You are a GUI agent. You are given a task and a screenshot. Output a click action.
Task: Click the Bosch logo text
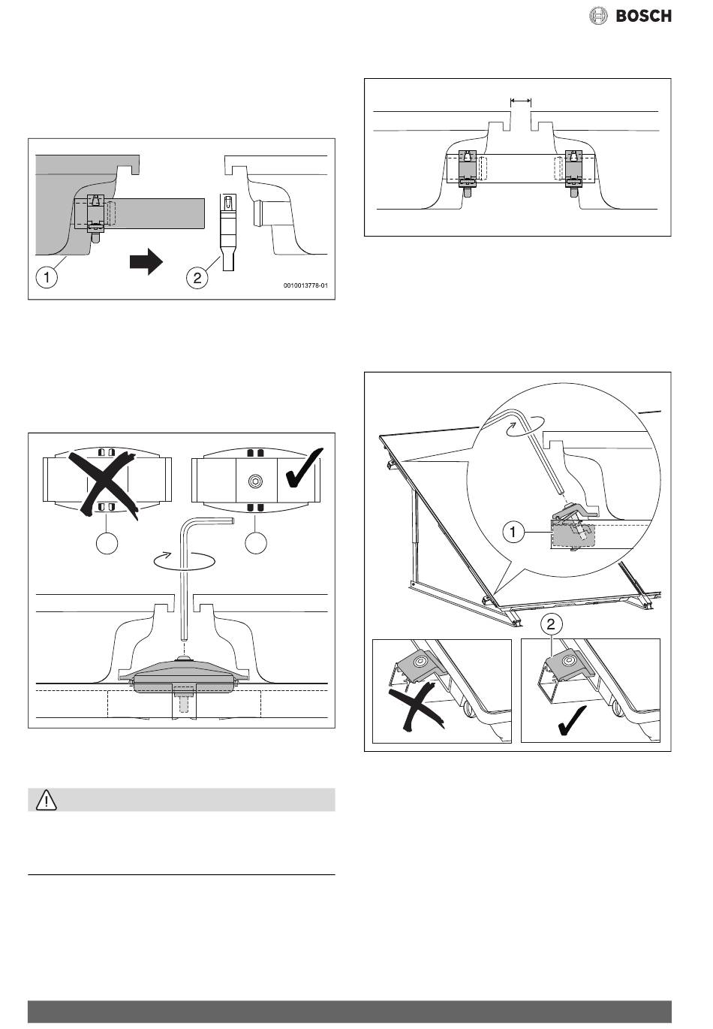click(x=644, y=15)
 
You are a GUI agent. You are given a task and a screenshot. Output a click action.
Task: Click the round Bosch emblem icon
click(x=599, y=15)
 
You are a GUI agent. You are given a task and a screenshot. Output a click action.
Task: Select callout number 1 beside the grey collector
click(x=47, y=278)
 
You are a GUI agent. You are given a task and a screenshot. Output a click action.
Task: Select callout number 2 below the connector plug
click(x=197, y=278)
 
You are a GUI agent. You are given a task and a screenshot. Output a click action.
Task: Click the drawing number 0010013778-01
click(x=305, y=285)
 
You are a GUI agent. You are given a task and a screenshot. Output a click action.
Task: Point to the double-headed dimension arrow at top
click(x=520, y=100)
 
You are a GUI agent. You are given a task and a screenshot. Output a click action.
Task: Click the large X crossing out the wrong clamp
click(x=107, y=481)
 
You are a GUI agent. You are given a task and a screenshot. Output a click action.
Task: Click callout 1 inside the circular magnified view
click(x=513, y=533)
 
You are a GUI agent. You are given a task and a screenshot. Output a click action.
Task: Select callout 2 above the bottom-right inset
click(x=551, y=623)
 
